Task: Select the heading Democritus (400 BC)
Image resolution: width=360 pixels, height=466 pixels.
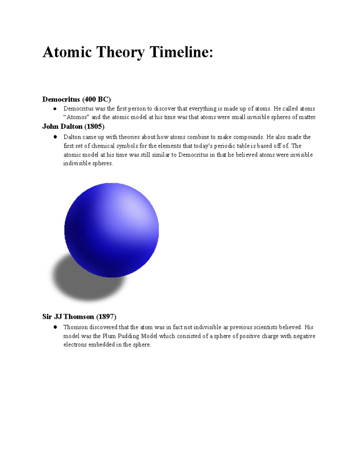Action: click(x=76, y=99)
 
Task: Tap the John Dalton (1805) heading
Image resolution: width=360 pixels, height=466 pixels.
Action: click(x=73, y=127)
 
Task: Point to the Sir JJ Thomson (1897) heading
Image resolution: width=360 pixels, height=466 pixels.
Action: click(x=79, y=317)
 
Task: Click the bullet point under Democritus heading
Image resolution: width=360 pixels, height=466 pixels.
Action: click(x=55, y=109)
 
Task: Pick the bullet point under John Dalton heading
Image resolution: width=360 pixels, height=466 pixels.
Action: click(x=55, y=137)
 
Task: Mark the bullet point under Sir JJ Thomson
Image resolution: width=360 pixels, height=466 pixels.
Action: click(x=55, y=327)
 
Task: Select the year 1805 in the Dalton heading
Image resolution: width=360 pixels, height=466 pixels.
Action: click(x=94, y=127)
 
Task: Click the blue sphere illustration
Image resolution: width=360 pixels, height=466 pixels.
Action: click(x=112, y=230)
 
